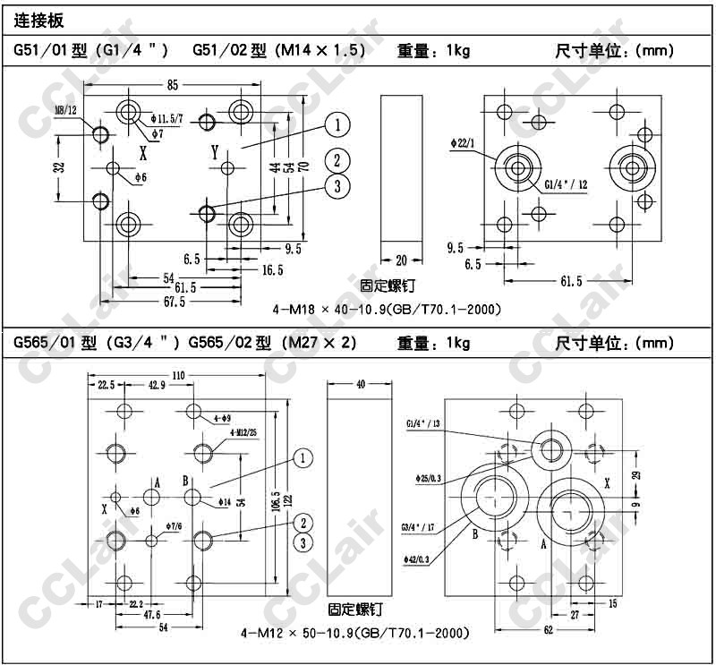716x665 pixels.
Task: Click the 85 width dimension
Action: [173, 84]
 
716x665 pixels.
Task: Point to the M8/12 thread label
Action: [66, 110]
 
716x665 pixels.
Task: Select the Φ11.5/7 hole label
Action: [167, 118]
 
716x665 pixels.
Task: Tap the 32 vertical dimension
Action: [59, 167]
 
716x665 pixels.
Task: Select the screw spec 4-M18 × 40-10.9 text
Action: [386, 310]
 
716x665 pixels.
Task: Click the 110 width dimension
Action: [179, 376]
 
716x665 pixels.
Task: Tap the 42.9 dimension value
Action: [157, 385]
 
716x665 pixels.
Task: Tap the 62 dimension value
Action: [547, 631]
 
